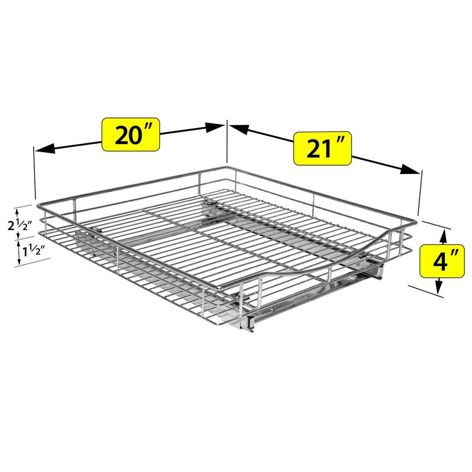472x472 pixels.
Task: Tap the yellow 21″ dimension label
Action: pyautogui.click(x=322, y=148)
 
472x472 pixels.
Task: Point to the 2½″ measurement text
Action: pyautogui.click(x=25, y=225)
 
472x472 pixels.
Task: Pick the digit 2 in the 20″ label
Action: pyautogui.click(x=122, y=135)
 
